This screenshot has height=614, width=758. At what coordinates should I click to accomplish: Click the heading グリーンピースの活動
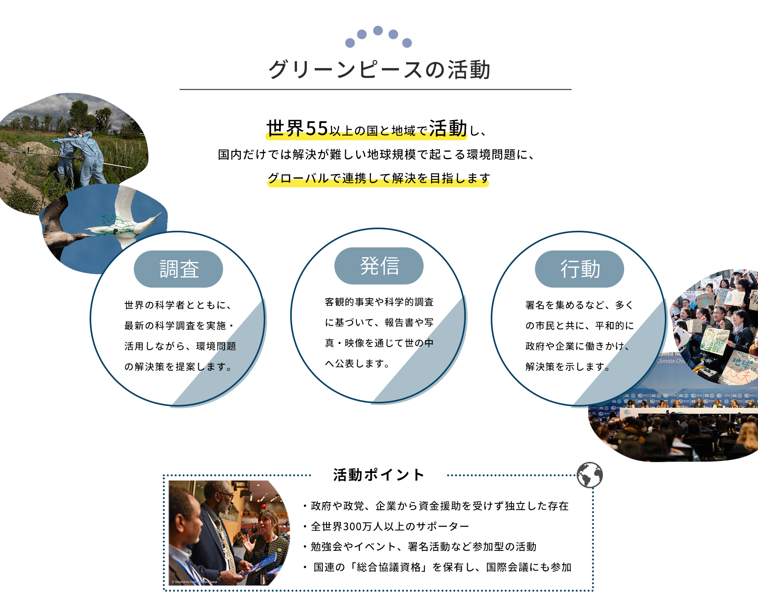click(379, 70)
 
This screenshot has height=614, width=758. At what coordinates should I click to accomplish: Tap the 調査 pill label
click(178, 269)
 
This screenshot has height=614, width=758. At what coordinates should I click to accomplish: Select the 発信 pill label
click(379, 266)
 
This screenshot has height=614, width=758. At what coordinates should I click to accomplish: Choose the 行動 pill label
click(580, 269)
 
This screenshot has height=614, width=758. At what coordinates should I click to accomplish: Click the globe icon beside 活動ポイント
click(589, 475)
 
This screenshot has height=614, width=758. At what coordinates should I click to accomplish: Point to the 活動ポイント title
click(379, 475)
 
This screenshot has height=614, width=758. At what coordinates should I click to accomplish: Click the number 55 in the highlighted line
click(317, 128)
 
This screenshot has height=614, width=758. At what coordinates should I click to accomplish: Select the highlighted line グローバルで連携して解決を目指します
click(379, 178)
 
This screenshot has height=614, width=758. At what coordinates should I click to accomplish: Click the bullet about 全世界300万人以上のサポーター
click(386, 526)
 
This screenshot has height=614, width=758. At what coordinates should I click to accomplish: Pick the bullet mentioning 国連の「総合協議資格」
click(437, 567)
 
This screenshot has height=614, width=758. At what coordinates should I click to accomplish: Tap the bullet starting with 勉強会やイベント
click(420, 546)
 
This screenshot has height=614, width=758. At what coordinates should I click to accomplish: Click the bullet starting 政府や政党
click(436, 506)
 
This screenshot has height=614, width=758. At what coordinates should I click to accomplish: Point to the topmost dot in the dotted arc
click(378, 30)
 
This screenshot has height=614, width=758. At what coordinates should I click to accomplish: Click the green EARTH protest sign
click(715, 341)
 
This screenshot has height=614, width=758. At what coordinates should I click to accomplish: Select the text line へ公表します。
click(357, 364)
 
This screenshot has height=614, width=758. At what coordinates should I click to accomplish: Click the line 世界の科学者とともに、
click(178, 305)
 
